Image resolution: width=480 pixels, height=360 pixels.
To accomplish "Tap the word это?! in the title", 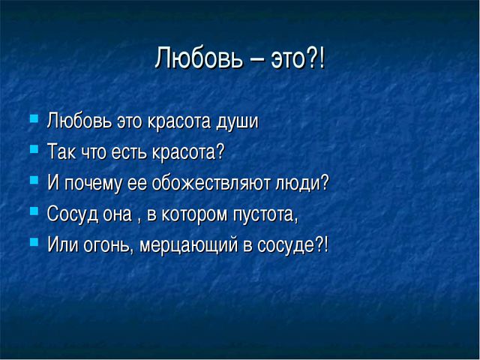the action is [298, 58].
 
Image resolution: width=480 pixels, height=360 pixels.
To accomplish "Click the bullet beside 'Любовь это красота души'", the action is [34, 118].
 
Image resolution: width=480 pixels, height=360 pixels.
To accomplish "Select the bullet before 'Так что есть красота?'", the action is [34, 149].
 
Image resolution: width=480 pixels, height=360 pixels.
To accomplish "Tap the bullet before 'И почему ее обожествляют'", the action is [34, 180].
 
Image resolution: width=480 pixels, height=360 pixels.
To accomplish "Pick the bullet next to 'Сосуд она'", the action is [34, 211].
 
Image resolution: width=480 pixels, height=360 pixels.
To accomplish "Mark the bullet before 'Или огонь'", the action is [34, 241].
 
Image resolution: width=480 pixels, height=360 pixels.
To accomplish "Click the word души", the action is [238, 121].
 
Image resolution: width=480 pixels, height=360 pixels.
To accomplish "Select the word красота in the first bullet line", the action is [179, 121].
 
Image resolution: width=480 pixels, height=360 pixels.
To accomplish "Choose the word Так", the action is [61, 151].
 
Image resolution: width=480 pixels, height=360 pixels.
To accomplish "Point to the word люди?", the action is [302, 183].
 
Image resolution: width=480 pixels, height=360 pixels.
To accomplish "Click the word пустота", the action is [265, 214].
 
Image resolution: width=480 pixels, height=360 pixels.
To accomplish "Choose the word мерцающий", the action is [188, 245].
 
